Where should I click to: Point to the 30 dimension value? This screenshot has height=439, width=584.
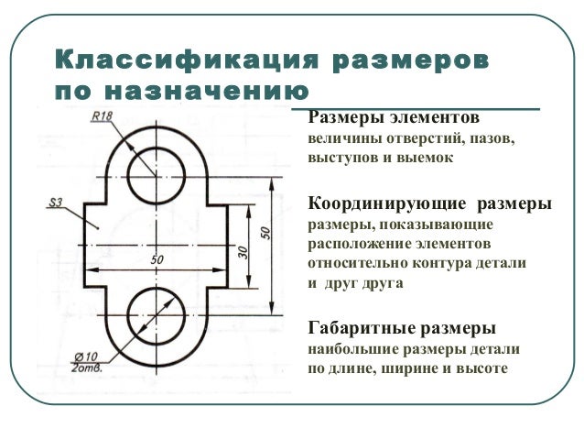[x=243, y=249]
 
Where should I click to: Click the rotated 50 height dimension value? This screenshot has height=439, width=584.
[x=266, y=233]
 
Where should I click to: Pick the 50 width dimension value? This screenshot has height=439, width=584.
[x=157, y=260]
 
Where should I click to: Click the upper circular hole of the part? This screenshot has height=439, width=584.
[x=153, y=177]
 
